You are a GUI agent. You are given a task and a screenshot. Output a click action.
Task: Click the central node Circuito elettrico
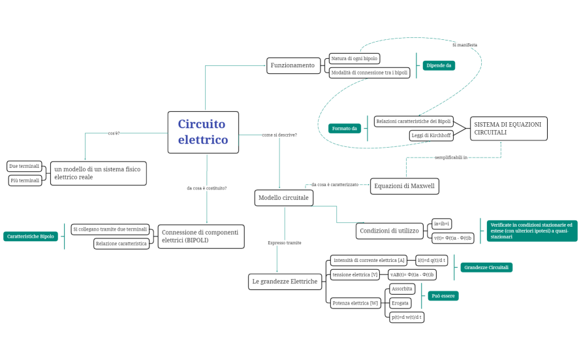(203, 132)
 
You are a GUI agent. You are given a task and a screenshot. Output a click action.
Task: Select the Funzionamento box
(293, 65)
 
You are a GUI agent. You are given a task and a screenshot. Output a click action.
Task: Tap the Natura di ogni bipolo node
(354, 59)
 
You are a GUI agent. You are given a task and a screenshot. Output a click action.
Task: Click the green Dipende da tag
(439, 65)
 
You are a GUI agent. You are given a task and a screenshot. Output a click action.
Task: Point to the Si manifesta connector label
(464, 45)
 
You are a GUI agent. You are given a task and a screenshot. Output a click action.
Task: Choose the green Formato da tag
(345, 129)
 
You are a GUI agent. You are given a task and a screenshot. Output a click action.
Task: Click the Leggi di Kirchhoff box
(432, 135)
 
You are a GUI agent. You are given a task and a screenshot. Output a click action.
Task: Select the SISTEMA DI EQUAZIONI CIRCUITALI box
(509, 128)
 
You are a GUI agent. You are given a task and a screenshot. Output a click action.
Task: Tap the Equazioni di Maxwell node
(404, 186)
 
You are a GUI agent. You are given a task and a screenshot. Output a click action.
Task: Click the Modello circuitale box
(283, 198)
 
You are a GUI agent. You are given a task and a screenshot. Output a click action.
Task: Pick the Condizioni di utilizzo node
(389, 231)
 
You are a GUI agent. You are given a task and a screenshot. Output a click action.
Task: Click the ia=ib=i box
(443, 224)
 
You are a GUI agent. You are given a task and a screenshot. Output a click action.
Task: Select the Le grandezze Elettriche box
(285, 282)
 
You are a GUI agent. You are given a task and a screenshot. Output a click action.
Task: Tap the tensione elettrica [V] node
(355, 274)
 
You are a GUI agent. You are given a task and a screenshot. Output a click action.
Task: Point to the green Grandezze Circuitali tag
(486, 267)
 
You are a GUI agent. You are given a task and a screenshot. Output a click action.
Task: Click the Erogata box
(400, 303)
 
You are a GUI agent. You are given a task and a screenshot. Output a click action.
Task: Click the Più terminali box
(25, 180)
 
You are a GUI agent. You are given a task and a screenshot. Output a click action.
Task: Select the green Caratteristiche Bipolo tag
(30, 237)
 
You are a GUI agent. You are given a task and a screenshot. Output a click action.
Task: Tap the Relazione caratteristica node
(121, 244)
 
